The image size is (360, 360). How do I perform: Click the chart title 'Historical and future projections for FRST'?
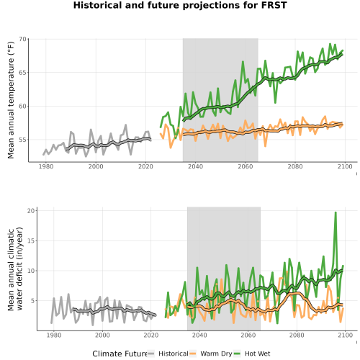180,5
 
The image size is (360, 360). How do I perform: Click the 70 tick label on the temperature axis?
22,39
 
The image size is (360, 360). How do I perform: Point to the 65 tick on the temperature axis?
22,73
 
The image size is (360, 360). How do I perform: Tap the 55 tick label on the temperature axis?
22,140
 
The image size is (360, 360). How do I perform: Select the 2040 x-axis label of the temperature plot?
195,166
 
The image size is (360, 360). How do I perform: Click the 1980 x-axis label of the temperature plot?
46,166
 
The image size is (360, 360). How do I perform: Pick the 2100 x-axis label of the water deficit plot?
345,335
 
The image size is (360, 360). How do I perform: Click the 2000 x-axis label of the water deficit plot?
102,335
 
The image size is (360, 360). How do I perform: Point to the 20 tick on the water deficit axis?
31,211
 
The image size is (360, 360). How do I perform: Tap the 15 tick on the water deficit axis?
31,240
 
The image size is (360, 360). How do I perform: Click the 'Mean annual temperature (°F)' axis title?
11,100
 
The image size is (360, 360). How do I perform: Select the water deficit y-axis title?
15,269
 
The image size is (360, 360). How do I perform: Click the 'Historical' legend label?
174,354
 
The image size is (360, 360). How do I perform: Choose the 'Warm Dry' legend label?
216,354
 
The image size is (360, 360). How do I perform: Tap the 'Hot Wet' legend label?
257,354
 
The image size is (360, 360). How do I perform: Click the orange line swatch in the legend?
193,354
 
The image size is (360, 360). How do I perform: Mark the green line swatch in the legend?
237,354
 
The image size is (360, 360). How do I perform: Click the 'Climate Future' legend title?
120,354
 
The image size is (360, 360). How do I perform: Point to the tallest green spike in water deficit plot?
336,212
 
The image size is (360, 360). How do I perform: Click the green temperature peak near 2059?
243,62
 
